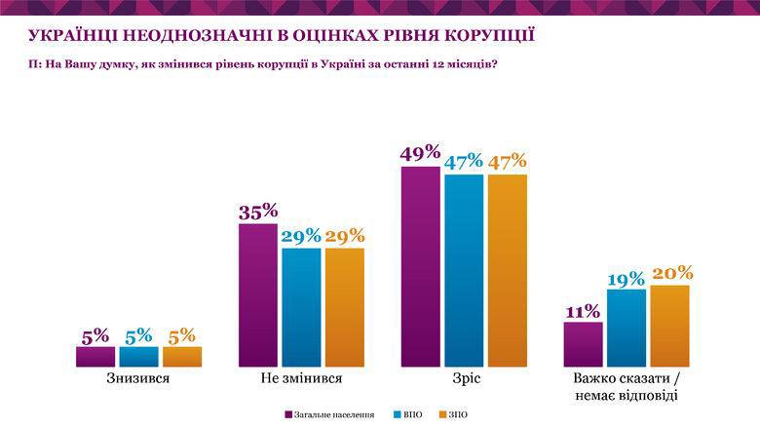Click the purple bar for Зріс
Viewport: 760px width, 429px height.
[420, 266]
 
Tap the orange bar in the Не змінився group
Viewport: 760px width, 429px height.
[344, 307]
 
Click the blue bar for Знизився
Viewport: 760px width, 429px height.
[138, 356]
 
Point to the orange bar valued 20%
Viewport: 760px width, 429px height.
[669, 326]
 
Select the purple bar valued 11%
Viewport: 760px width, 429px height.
[583, 344]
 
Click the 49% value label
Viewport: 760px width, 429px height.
[420, 153]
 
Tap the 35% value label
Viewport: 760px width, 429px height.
[258, 211]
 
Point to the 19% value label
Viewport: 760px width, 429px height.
[626, 277]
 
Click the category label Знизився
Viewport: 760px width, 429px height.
[138, 377]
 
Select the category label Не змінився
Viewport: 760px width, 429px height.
[301, 377]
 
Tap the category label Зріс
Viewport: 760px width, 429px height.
[464, 377]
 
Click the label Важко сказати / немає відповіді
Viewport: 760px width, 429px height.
[626, 386]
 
